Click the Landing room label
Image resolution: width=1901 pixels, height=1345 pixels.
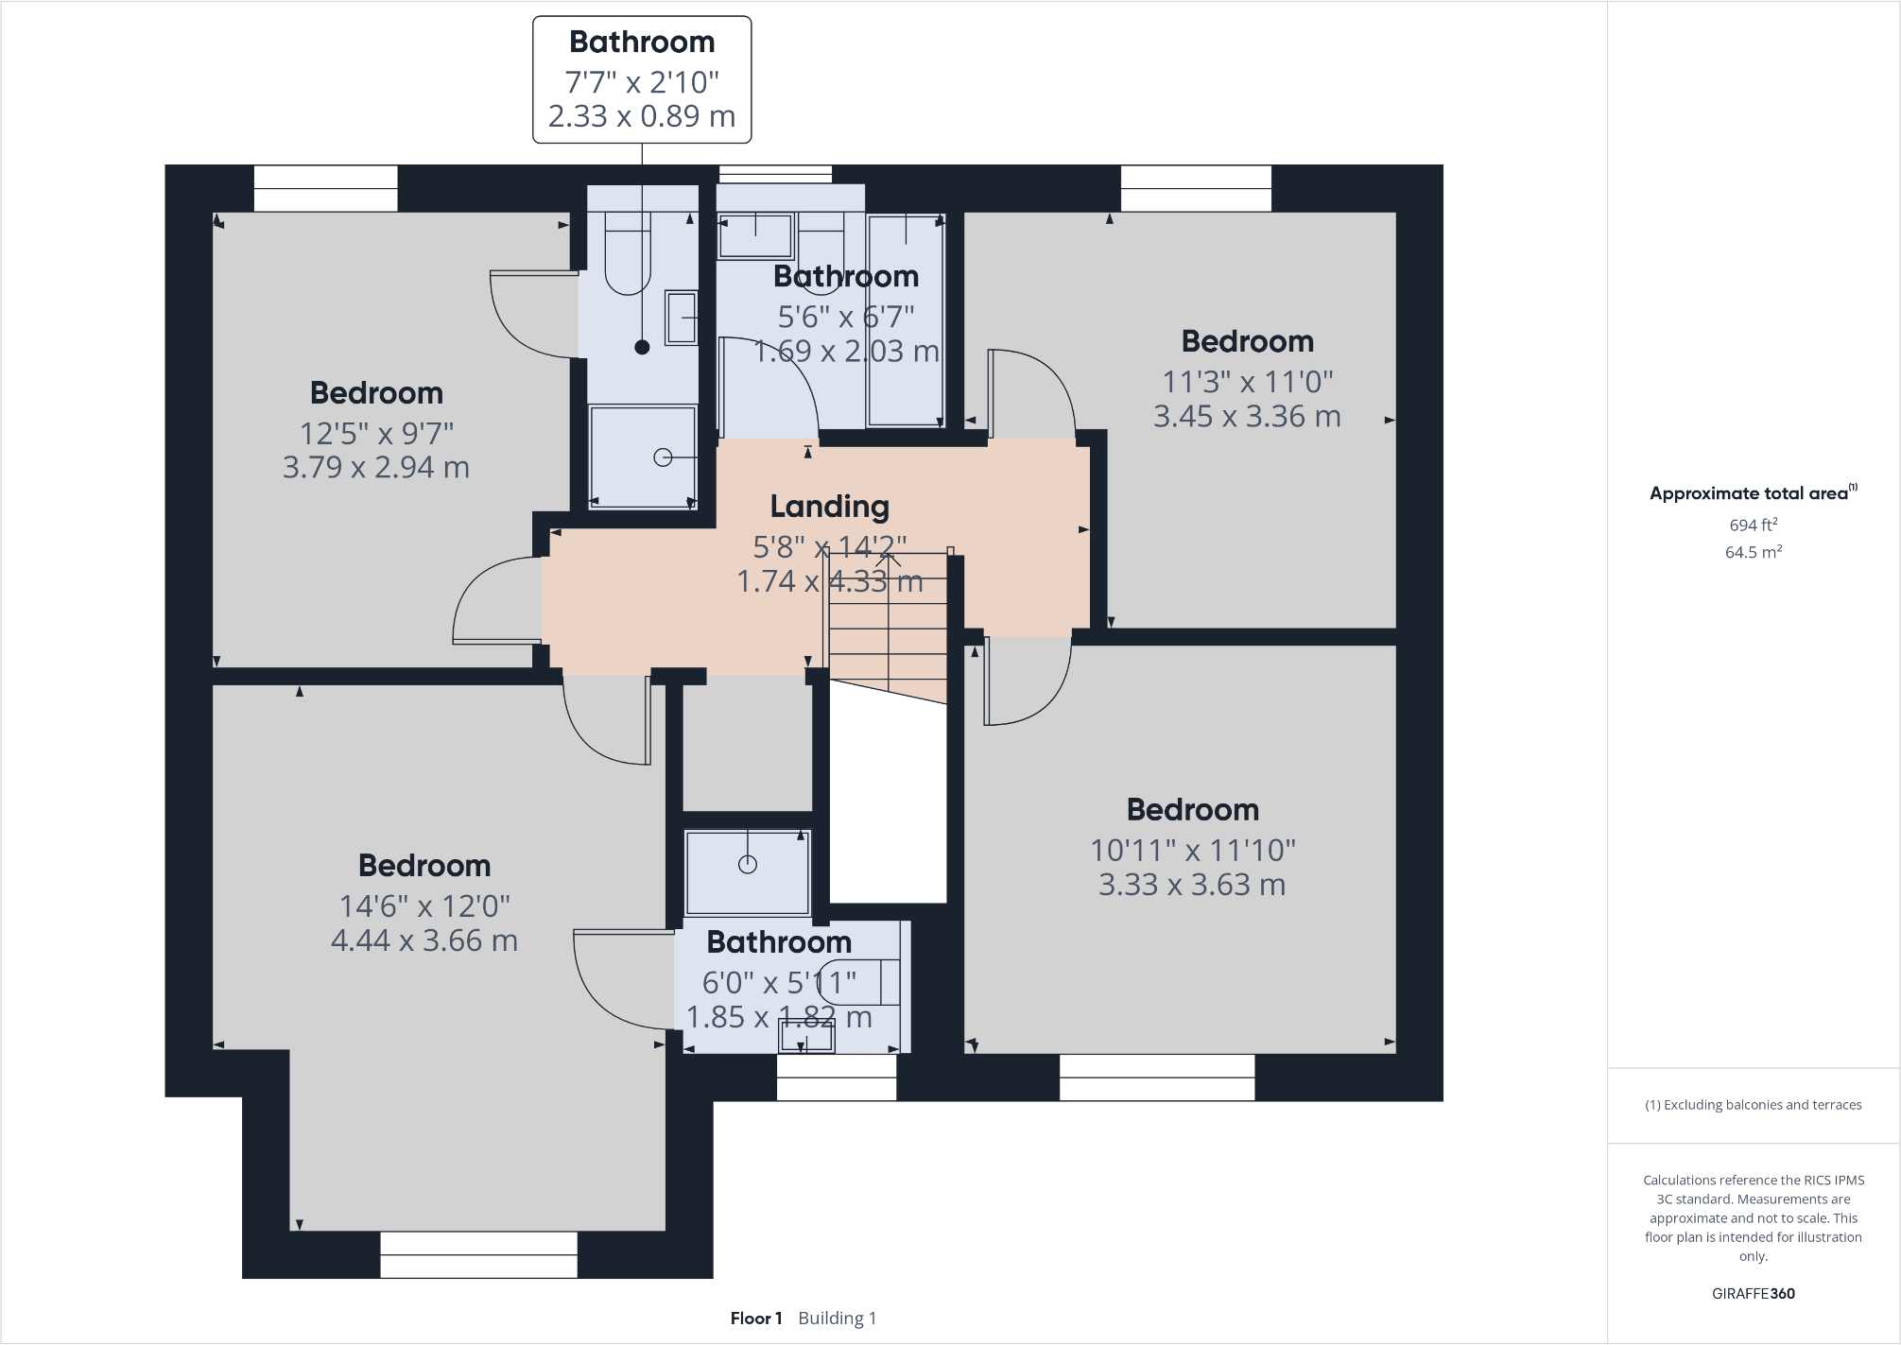[x=829, y=507]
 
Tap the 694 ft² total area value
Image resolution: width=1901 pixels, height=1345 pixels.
[x=1753, y=525]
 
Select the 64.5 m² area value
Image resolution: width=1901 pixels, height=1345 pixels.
[x=1753, y=552]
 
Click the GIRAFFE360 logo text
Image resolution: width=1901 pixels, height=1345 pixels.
[x=1753, y=1293]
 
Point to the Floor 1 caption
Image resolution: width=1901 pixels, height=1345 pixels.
[x=755, y=1318]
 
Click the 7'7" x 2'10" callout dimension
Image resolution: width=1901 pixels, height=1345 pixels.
[x=642, y=82]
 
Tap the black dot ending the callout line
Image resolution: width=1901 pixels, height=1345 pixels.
[x=642, y=347]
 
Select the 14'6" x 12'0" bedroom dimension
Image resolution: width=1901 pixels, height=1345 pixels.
[x=424, y=905]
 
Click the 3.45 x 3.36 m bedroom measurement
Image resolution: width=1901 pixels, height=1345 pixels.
[x=1247, y=416]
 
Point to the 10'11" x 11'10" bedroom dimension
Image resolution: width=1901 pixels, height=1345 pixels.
[x=1192, y=850]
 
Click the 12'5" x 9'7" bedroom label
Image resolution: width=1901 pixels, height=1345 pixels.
[x=376, y=433]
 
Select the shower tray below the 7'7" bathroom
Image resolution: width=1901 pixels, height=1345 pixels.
[x=643, y=457]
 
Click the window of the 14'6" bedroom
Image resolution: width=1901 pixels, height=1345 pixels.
[x=478, y=1254]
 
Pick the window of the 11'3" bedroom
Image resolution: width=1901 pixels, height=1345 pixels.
[x=1196, y=188]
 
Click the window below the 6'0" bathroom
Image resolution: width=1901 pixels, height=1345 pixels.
[x=836, y=1078]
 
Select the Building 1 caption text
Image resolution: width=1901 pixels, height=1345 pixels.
[x=837, y=1318]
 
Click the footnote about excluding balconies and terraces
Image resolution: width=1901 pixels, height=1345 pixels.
[x=1753, y=1104]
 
